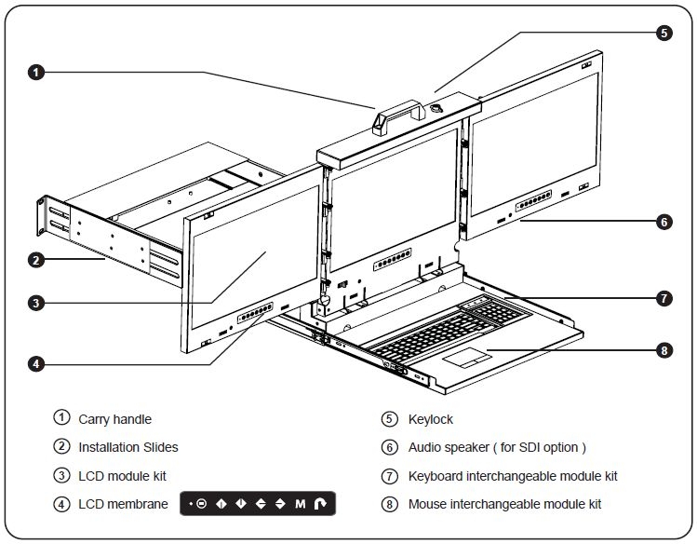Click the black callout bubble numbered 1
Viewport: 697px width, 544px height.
[34, 72]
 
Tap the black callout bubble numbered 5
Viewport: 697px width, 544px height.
[663, 32]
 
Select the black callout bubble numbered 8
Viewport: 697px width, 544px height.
[663, 351]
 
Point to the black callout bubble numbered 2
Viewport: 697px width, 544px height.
[34, 260]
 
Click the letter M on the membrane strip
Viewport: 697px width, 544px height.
[301, 504]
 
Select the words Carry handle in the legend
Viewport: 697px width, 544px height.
[114, 419]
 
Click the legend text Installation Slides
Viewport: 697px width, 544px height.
[127, 447]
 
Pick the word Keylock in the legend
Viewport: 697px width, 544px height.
[430, 419]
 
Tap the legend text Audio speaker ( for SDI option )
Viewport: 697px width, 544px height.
[497, 447]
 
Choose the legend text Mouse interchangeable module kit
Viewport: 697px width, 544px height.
[504, 504]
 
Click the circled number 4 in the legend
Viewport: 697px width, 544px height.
[61, 504]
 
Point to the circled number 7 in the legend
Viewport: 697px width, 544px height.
[390, 476]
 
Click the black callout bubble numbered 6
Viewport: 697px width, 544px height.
[663, 222]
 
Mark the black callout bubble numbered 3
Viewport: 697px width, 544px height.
[34, 302]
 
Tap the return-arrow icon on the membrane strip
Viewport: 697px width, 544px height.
[321, 504]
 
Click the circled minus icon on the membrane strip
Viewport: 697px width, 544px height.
[202, 504]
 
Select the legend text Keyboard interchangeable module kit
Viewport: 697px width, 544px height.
[513, 476]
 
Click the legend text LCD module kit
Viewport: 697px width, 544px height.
[122, 476]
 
